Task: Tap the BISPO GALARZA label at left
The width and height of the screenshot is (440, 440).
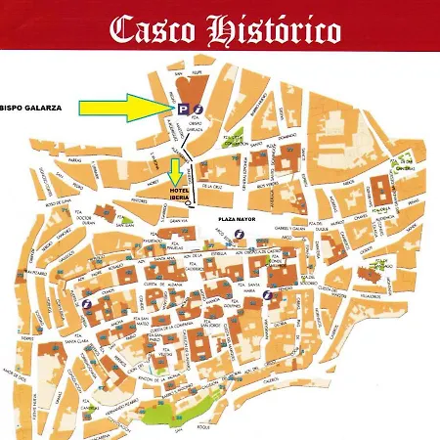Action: click(x=30, y=110)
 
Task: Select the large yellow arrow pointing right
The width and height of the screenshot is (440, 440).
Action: click(x=124, y=107)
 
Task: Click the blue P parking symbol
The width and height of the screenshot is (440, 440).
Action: click(x=184, y=109)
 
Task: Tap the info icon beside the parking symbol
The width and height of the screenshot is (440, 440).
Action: click(x=198, y=109)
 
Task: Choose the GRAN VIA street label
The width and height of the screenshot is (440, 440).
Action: click(x=179, y=221)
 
